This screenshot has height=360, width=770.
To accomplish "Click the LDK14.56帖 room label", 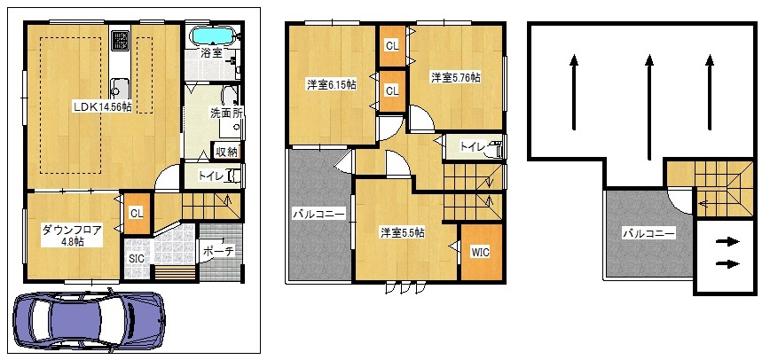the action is (102, 106).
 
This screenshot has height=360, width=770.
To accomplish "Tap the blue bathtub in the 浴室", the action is (212, 35).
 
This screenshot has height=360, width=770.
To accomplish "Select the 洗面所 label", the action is (226, 113).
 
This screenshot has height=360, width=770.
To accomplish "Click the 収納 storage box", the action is (226, 152).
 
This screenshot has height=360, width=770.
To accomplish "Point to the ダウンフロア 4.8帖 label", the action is (72, 235).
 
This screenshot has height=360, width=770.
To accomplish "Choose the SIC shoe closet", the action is (137, 259).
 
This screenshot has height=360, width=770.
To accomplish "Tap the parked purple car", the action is (89, 319).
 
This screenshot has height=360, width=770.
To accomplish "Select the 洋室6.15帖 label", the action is (332, 84).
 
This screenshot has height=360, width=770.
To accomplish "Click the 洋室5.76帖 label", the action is (456, 77).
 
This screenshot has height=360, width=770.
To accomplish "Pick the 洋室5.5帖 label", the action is (402, 233).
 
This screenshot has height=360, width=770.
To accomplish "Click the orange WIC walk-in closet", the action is (482, 253).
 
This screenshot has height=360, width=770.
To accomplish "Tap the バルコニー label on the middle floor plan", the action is (318, 214).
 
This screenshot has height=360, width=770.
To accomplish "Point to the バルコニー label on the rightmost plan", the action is (648, 233).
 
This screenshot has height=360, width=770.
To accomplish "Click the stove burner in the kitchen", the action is (121, 41).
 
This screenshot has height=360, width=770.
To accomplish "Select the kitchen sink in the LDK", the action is (119, 88).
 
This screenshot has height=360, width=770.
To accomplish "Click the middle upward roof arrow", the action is (649, 107).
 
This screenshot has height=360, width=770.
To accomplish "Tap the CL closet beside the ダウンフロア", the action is (137, 214).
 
